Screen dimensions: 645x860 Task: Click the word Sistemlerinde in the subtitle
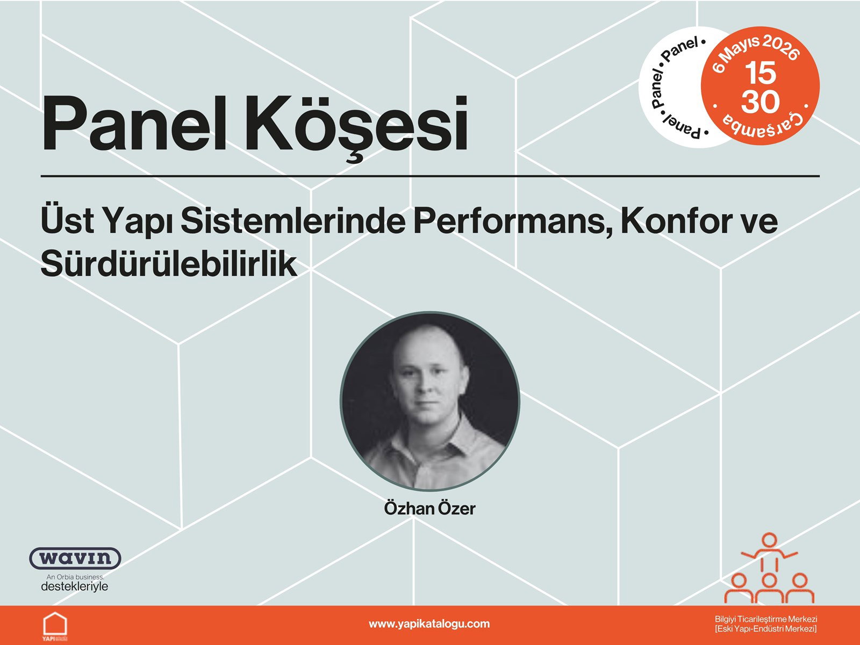[x=292, y=220]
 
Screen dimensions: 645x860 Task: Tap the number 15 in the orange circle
[x=761, y=73]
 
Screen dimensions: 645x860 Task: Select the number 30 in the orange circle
[x=761, y=101]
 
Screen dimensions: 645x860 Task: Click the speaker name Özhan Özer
[x=429, y=508]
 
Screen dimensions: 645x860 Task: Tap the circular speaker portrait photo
[x=429, y=401]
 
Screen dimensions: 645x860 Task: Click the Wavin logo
[x=75, y=558]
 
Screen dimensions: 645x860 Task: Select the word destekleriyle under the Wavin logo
[x=75, y=586]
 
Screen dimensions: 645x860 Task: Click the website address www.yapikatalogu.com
[x=429, y=624]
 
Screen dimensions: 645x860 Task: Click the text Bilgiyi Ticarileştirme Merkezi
[x=765, y=619]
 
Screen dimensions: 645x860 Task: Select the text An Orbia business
[x=75, y=577]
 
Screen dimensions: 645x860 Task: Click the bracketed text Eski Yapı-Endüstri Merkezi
[x=765, y=629]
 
